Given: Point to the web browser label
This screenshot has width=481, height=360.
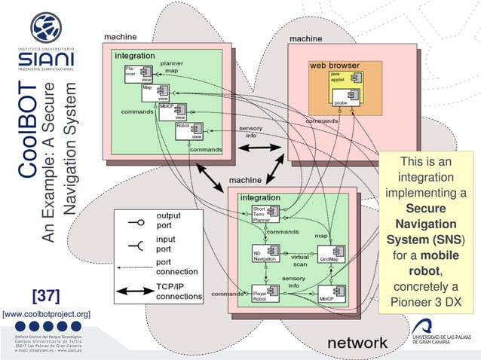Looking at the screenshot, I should (334, 66).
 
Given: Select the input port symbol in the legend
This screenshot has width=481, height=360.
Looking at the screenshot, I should (136, 244).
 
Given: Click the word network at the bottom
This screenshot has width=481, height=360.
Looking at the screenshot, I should (357, 343).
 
